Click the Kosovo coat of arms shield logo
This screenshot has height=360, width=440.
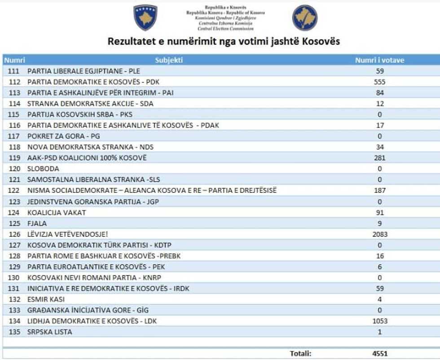[x=145, y=18]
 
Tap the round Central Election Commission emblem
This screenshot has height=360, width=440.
[x=305, y=18]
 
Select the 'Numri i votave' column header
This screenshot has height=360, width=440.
[x=379, y=60]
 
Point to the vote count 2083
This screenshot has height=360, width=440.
[x=380, y=234]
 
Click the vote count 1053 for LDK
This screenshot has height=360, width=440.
[x=380, y=321]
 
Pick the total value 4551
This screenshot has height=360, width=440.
[x=380, y=354]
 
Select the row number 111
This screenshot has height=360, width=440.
[x=14, y=71]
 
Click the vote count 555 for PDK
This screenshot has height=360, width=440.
[x=380, y=82]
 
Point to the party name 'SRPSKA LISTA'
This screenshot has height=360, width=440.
[x=49, y=332]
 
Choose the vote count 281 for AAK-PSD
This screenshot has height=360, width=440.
[x=380, y=158]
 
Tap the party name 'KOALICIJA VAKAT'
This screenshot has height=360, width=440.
[x=57, y=212]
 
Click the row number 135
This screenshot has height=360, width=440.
[x=14, y=332]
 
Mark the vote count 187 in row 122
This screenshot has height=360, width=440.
[x=380, y=191]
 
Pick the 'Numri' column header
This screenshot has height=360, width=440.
[x=14, y=60]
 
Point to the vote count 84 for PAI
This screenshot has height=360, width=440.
[x=380, y=93]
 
